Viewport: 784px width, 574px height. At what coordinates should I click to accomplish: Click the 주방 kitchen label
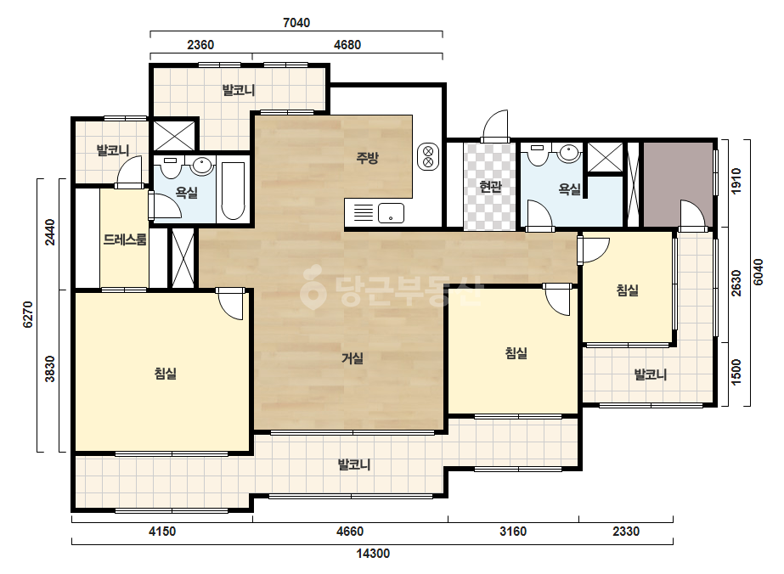pos(367,159)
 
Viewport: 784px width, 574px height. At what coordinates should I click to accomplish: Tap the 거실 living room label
pos(352,358)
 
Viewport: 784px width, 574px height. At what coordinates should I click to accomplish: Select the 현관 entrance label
pos(490,187)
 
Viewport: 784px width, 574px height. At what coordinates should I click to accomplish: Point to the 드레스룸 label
pos(125,239)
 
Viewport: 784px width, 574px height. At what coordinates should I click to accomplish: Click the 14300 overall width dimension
pos(373,554)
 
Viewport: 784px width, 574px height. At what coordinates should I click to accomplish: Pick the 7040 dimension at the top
pos(296,22)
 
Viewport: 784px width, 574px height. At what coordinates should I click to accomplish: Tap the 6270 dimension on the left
pos(28,314)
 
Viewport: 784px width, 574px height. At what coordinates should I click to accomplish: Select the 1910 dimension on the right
pos(736,181)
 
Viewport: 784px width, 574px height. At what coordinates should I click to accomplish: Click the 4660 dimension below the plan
pos(349,531)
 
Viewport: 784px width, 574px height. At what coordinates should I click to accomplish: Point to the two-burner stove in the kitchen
pos(428,156)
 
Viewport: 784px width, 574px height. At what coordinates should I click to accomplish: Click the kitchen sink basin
pos(391,213)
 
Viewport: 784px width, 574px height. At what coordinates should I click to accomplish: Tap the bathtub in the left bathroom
pos(233,190)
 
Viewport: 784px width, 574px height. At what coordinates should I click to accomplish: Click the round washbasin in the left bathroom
pos(202,166)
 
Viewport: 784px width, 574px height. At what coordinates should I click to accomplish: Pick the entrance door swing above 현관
pos(496,126)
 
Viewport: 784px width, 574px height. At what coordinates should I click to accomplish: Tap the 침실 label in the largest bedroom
pos(165,374)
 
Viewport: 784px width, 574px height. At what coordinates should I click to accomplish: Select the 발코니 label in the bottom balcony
pos(354,464)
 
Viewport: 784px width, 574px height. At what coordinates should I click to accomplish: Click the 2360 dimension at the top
pos(200,44)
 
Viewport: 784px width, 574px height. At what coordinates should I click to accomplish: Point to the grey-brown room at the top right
pos(678,184)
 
